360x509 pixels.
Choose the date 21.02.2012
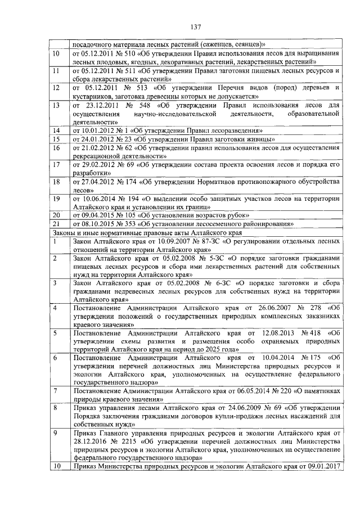pyautogui.click(x=95, y=148)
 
